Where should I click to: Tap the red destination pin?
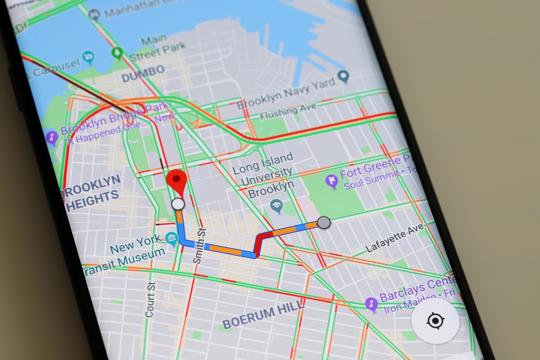tap(176, 181)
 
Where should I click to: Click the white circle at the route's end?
tap(178, 204)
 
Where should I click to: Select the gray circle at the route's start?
tap(323, 222)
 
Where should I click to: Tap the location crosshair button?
tap(435, 321)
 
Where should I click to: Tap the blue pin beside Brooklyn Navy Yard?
tap(344, 76)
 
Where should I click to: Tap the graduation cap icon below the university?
tap(276, 207)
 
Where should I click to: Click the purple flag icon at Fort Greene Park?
tap(332, 181)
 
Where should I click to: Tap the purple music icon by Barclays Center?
tap(371, 304)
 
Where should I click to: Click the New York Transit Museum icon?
tap(171, 239)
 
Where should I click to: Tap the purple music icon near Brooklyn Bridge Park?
tap(52, 137)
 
